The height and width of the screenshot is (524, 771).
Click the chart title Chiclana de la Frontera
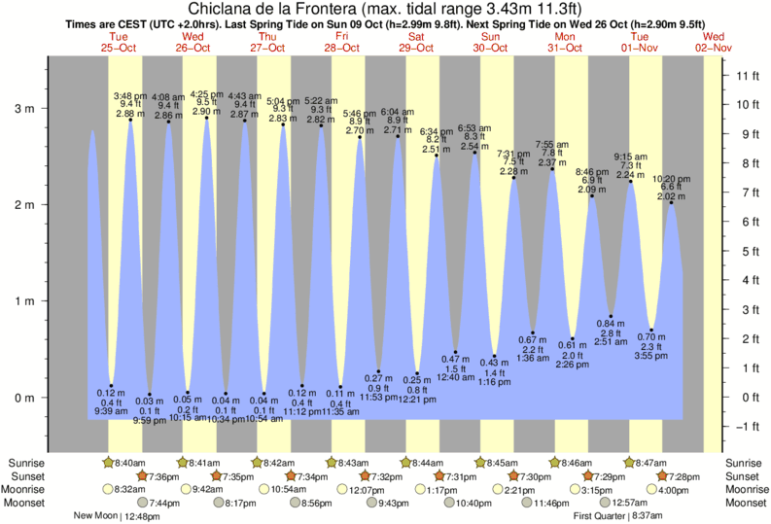pos(384,10)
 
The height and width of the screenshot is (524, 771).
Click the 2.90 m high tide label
pos(206,113)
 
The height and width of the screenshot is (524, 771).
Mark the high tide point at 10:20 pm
pos(671,202)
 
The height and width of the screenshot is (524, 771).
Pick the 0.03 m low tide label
pos(150,401)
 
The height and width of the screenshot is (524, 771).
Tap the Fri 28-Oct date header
pos(342,41)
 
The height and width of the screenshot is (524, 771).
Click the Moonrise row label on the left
pos(28,490)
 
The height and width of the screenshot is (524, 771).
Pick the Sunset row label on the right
pos(744,476)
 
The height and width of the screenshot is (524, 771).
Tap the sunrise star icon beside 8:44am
pos(407,463)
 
